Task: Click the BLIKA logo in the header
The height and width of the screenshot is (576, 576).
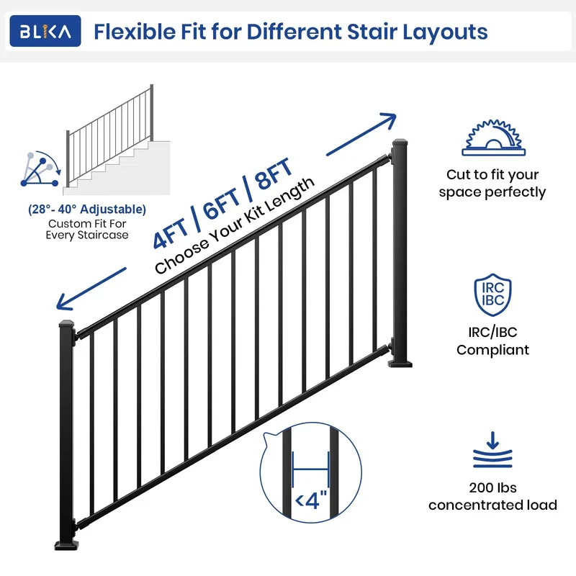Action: click(x=45, y=31)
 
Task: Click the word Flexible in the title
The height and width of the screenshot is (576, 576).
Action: click(x=135, y=32)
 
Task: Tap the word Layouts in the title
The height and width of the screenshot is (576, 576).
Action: click(x=445, y=32)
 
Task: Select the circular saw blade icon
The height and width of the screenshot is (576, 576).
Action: click(x=493, y=138)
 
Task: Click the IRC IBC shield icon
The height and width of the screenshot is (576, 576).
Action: click(x=492, y=294)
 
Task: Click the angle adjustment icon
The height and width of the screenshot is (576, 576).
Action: click(x=40, y=169)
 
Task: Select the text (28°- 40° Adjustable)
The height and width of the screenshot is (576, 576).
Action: click(x=87, y=209)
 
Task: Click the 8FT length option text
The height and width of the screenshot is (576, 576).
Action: click(x=274, y=174)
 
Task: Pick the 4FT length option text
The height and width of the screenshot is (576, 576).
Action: click(x=171, y=233)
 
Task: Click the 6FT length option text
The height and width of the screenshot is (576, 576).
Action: click(x=221, y=204)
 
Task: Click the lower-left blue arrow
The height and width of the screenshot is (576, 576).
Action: click(x=91, y=289)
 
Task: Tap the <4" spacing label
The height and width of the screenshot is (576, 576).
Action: click(x=311, y=500)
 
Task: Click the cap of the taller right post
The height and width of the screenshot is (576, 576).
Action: click(x=400, y=142)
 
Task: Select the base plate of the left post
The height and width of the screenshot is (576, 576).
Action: click(x=66, y=545)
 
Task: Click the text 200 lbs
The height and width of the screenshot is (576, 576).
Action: click(x=492, y=487)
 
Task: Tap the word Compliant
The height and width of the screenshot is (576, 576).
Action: click(x=492, y=350)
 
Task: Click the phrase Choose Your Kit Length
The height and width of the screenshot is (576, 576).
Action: click(x=235, y=225)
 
